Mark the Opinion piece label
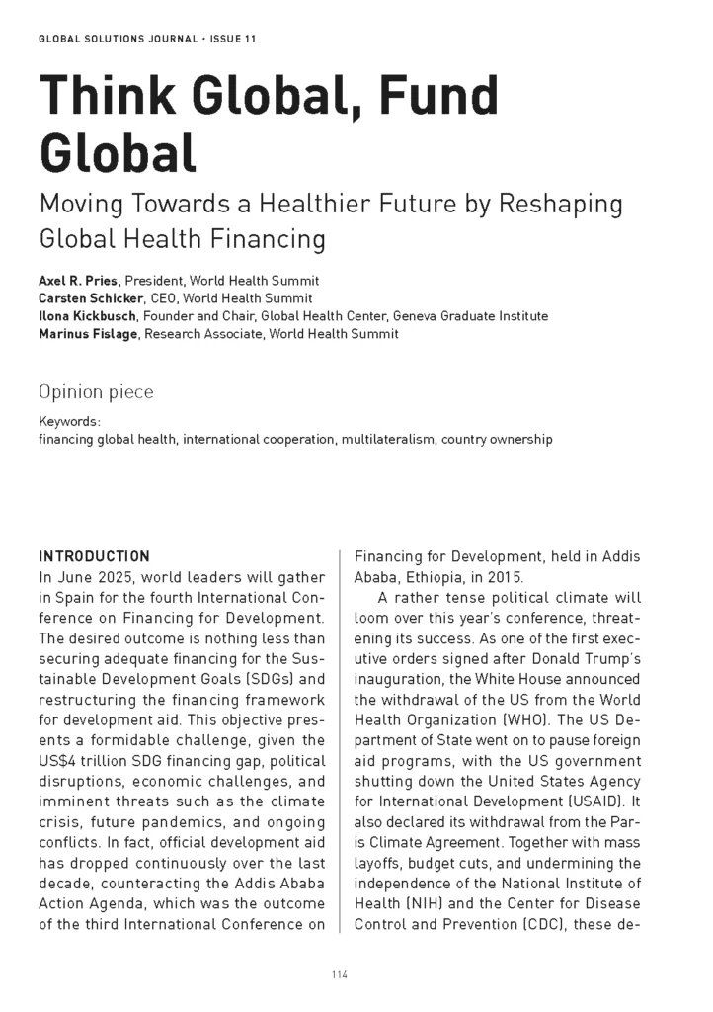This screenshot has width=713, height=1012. [96, 392]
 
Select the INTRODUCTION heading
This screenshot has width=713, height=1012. [94, 556]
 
